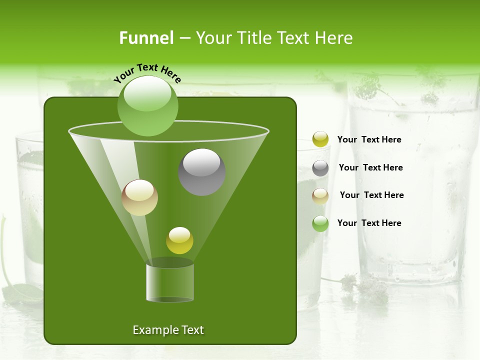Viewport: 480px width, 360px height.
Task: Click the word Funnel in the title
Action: pos(146,38)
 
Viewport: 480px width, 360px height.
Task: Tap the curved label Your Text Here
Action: pos(147,73)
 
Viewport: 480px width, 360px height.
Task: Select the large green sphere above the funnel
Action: pos(148,105)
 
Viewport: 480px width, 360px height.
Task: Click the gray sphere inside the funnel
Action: pos(202,172)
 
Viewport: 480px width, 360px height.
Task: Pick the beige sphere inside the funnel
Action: pos(140,197)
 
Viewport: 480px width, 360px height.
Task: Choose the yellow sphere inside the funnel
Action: pos(179,240)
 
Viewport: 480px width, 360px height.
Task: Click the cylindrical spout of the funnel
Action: pos(170,282)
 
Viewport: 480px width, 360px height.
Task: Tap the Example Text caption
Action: pos(168,330)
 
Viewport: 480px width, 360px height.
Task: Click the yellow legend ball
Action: pos(320,139)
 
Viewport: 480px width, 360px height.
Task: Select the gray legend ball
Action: pos(320,168)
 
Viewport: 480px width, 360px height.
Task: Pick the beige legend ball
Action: pos(320,195)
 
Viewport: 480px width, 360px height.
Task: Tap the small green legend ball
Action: pos(320,223)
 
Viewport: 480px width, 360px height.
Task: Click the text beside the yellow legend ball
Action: pos(369,140)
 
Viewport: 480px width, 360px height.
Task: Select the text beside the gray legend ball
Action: pos(370,168)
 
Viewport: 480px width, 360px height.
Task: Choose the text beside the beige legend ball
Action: pos(371,195)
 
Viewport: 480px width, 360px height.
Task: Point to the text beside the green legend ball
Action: pos(369,223)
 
